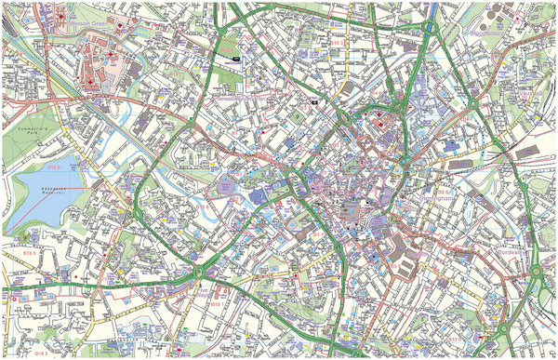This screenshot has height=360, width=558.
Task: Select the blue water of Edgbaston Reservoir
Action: click(37, 200)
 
